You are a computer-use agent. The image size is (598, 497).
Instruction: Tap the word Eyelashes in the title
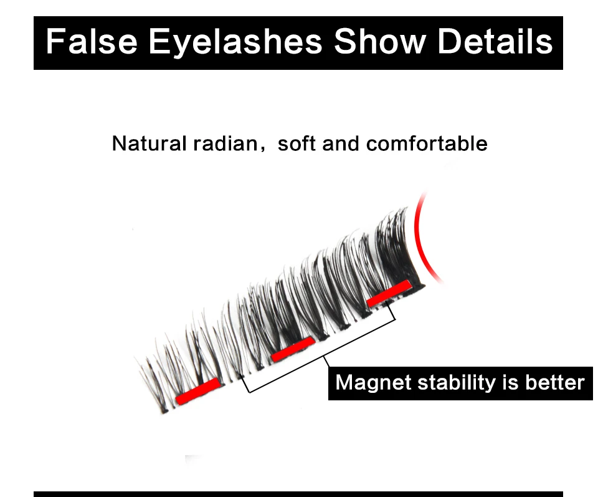[x=235, y=44]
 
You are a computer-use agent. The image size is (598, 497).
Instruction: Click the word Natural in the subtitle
[x=149, y=144]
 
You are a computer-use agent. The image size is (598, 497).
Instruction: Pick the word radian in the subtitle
[x=225, y=144]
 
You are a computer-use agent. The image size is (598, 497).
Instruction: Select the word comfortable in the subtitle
[x=427, y=144]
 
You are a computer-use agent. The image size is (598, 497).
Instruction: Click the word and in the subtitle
[x=341, y=144]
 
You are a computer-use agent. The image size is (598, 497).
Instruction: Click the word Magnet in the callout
[x=373, y=382]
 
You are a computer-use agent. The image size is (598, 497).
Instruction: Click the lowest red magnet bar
[x=198, y=391]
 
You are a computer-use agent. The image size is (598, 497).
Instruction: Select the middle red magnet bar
[x=293, y=349]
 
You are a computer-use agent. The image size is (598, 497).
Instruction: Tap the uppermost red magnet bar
[x=389, y=293]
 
